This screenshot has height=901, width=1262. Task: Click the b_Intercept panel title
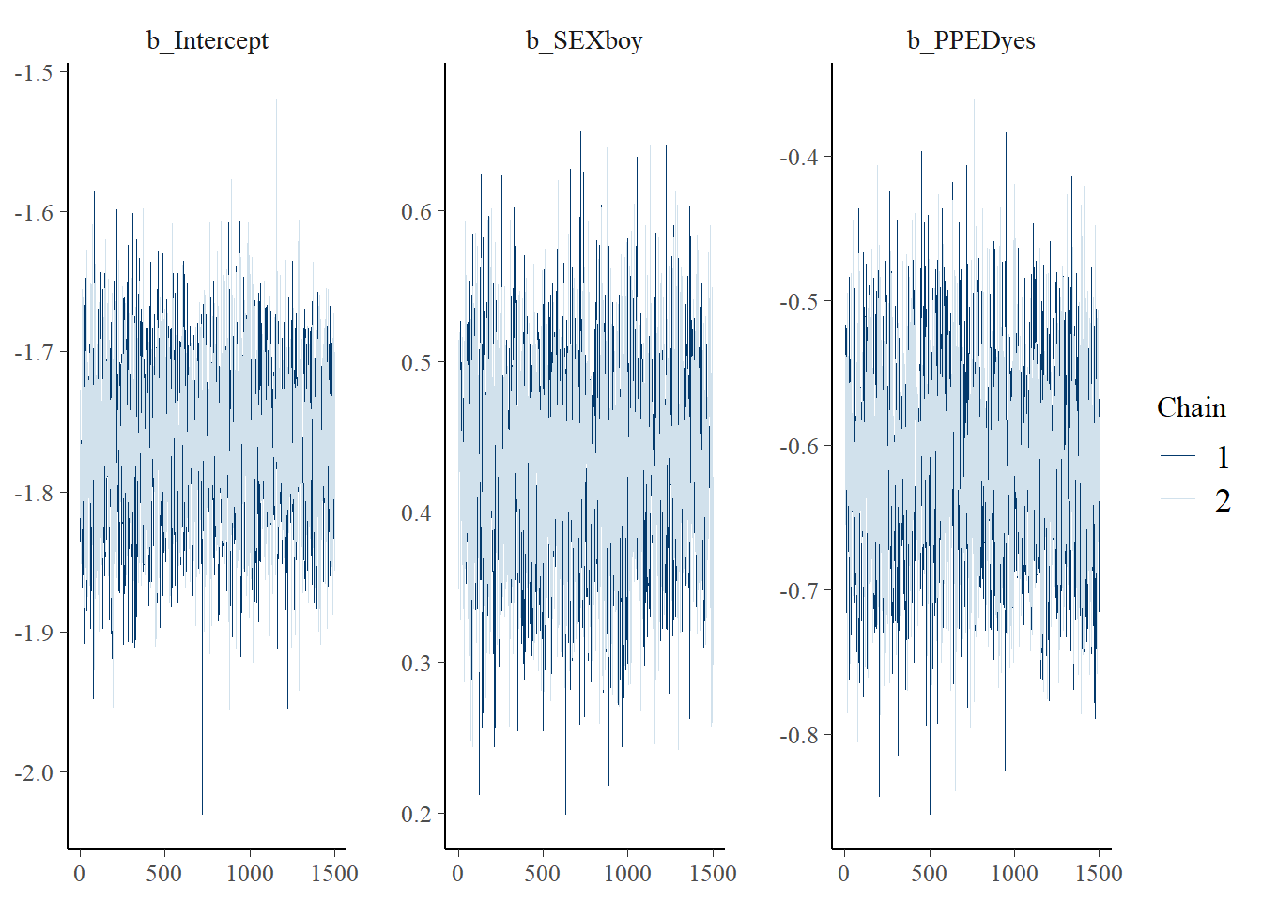[208, 40]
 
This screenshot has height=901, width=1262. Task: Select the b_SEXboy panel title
[584, 40]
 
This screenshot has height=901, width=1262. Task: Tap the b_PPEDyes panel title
[971, 40]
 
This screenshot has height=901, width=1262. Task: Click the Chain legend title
[1191, 407]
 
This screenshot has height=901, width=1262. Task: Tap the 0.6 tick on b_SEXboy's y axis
[417, 211]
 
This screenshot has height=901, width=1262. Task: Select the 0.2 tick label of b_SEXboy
[417, 814]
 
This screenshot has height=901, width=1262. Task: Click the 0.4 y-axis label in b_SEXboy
[417, 512]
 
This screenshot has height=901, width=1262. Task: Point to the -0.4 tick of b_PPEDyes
[799, 157]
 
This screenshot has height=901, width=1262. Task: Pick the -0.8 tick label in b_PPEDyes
[799, 735]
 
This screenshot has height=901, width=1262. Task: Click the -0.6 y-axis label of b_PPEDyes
[799, 446]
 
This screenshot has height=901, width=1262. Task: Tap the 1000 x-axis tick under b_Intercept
[250, 874]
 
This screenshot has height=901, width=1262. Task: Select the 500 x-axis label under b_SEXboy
[543, 874]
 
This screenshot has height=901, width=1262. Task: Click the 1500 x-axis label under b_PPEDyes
[1099, 874]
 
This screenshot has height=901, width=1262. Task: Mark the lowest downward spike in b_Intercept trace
[202, 813]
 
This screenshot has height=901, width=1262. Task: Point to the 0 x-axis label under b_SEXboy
[458, 874]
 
